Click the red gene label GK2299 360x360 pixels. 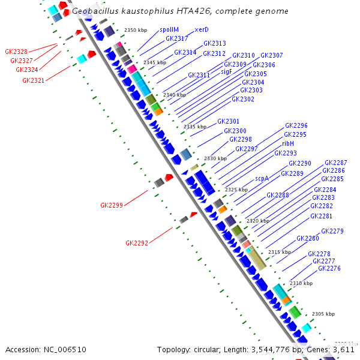[x=111, y=205]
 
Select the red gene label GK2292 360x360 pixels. [x=136, y=243]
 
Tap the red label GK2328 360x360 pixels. [x=16, y=52]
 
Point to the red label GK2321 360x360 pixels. [x=33, y=80]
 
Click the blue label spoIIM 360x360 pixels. [x=169, y=30]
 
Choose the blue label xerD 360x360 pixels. [x=202, y=30]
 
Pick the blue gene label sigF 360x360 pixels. [x=226, y=71]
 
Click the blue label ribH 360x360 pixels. [x=288, y=143]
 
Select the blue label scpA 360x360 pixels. [x=262, y=178]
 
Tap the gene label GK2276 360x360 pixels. [x=329, y=268]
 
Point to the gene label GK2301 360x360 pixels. [x=228, y=121]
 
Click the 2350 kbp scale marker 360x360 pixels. [x=135, y=30]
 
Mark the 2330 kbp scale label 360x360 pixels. [x=215, y=158]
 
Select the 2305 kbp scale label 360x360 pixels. [x=323, y=314]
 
